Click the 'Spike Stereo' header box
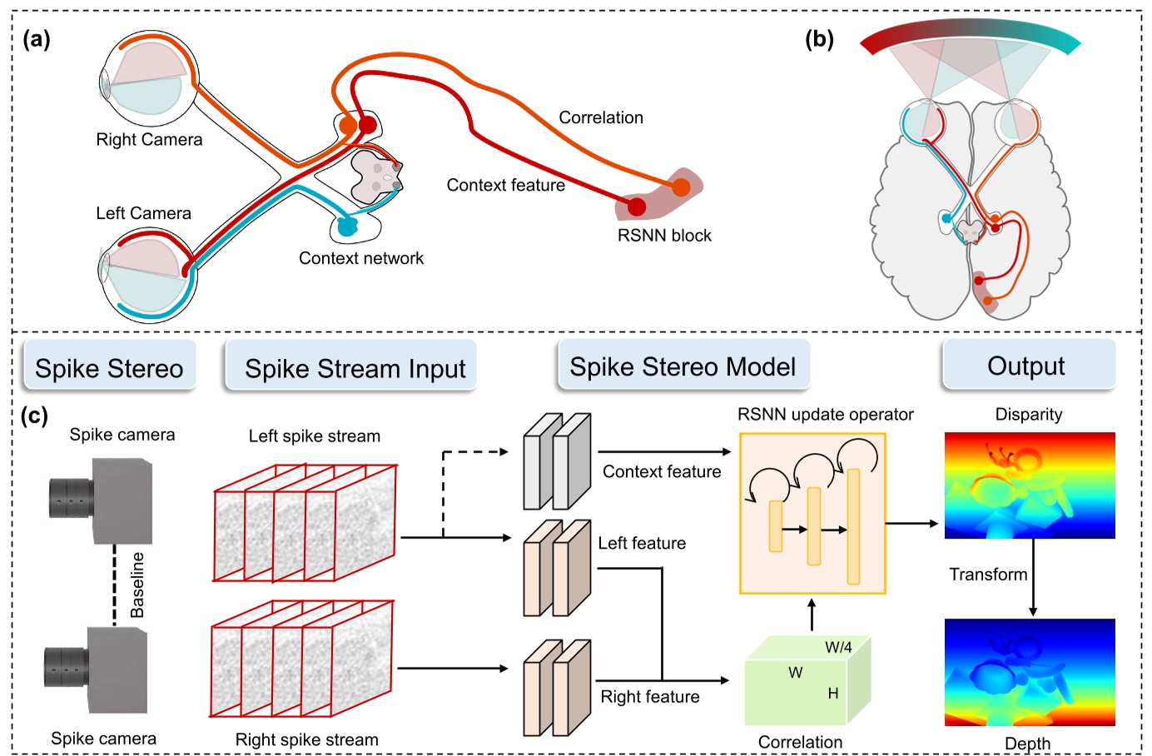coord(109,367)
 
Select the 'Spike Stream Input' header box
coord(355,367)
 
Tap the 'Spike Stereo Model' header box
coord(683,366)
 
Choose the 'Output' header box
coord(1026,366)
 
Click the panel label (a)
coord(37,39)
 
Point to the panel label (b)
coord(819,39)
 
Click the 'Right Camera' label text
coord(149,140)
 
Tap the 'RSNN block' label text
coord(664,236)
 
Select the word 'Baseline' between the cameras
coord(137,584)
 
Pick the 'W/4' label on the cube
coord(838,647)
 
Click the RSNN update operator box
coord(812,513)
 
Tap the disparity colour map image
coord(1030,485)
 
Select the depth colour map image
coord(1030,671)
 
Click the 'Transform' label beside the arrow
coord(988,574)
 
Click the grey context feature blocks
coord(557,462)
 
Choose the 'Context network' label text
coord(361,259)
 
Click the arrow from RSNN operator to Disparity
coord(911,524)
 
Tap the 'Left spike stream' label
coord(315,436)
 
